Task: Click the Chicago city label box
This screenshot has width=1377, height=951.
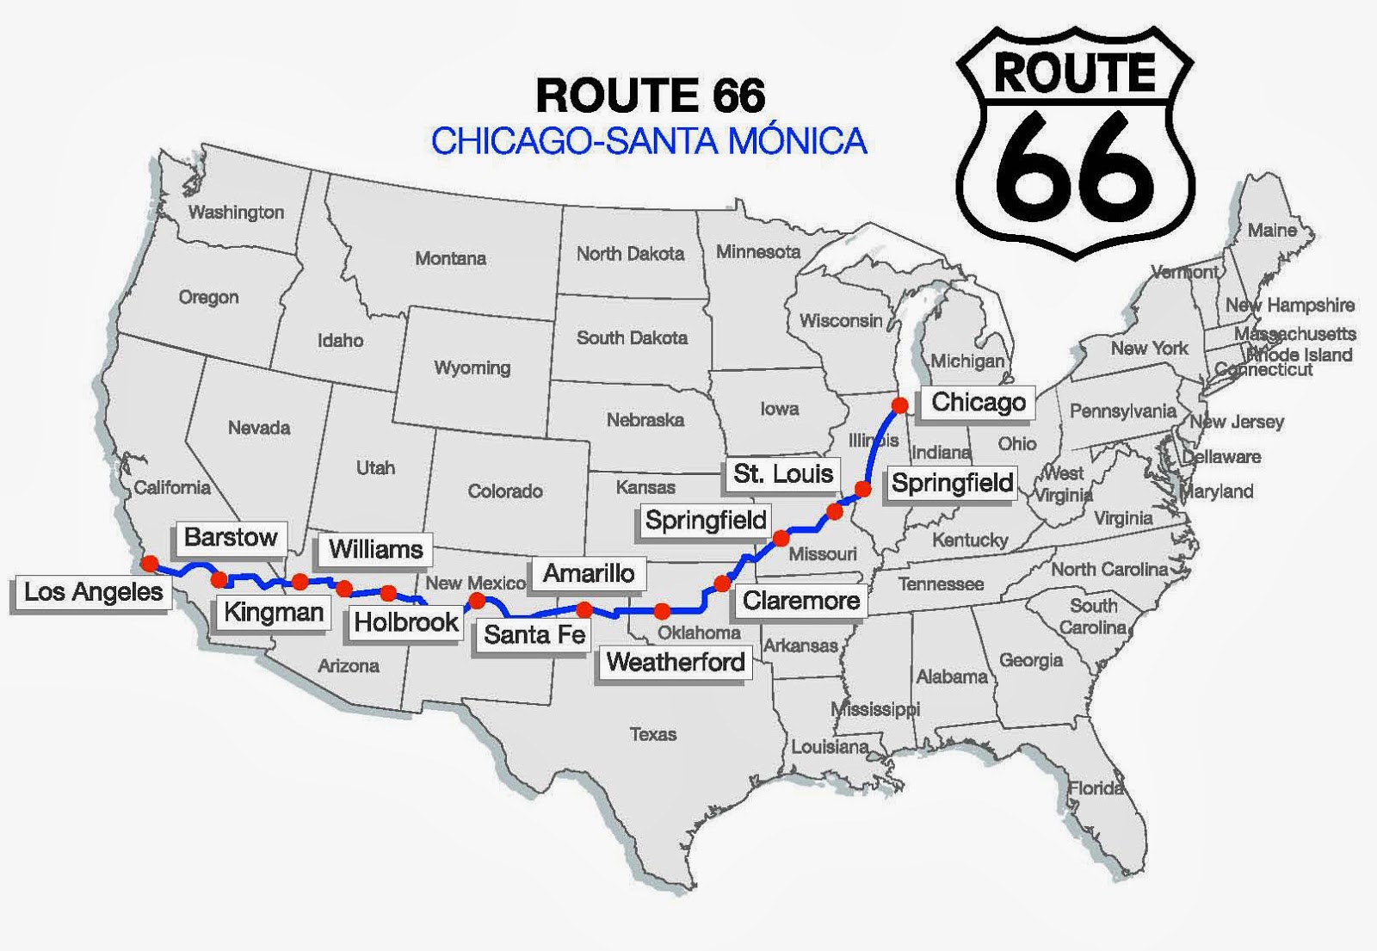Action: [x=978, y=402]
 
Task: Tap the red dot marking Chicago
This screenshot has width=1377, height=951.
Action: [x=900, y=404]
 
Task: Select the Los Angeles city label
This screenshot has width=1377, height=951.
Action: [x=93, y=592]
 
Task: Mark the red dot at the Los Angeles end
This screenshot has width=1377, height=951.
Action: [x=150, y=564]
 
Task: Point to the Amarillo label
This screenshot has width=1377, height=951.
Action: [x=589, y=573]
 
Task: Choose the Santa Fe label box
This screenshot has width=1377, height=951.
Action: [x=534, y=635]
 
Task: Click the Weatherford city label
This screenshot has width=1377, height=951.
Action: [x=676, y=662]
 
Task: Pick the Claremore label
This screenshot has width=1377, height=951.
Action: [x=801, y=601]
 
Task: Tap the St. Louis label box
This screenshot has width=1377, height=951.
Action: [x=783, y=473]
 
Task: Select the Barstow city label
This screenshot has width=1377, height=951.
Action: [x=231, y=537]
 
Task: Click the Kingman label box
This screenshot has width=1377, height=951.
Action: [x=274, y=612]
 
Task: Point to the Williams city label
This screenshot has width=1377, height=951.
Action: [x=376, y=549]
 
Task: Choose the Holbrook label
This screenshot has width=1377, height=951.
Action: [x=406, y=622]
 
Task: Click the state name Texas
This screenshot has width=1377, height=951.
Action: [x=653, y=734]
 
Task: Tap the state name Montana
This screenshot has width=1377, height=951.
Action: [x=450, y=258]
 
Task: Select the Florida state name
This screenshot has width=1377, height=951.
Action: [x=1096, y=787]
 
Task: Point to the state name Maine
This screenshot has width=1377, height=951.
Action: [x=1272, y=231]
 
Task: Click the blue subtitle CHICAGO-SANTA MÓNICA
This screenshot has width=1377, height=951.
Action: [x=649, y=140]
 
